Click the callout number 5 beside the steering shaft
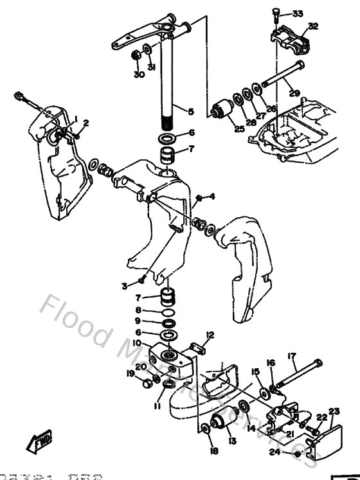(191, 111)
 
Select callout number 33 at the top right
(297, 13)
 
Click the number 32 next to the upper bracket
(313, 26)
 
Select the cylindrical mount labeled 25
(226, 109)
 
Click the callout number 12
(210, 335)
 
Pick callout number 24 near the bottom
(274, 452)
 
